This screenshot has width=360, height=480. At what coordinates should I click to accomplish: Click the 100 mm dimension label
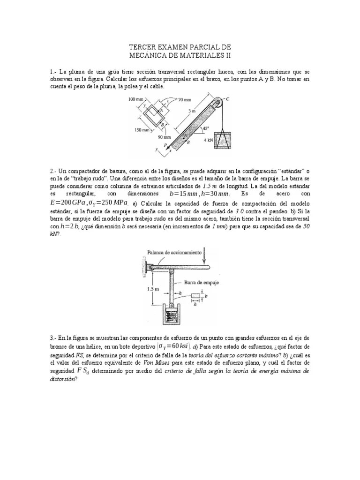pos(135,99)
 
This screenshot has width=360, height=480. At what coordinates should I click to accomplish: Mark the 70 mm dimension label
pos(185,100)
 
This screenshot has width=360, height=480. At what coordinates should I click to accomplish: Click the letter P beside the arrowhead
pos(165,145)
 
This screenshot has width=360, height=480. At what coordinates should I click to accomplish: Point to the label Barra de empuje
pos(202,283)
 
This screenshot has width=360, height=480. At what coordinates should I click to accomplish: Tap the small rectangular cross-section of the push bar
pos(196,296)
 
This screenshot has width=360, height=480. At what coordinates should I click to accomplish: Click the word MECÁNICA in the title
pos(150,55)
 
